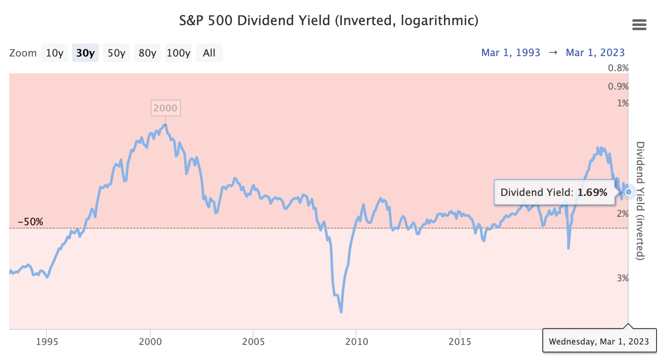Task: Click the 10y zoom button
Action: click(54, 53)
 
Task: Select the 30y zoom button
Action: click(85, 53)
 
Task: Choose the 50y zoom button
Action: click(116, 53)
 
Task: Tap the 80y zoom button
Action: click(147, 53)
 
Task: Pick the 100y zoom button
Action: click(178, 53)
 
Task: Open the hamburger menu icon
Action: click(639, 25)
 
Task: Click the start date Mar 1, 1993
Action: click(511, 53)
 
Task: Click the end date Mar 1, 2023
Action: click(595, 53)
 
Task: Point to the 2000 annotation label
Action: click(165, 108)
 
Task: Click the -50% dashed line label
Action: click(30, 222)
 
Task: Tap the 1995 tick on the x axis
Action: click(47, 342)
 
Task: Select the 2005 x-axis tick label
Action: click(253, 342)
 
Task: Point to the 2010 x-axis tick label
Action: click(357, 342)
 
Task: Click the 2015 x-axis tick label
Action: click(460, 342)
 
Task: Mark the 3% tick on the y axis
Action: click(623, 278)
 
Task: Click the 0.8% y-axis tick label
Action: click(618, 68)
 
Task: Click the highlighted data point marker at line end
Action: click(628, 192)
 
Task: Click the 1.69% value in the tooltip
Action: click(592, 193)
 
